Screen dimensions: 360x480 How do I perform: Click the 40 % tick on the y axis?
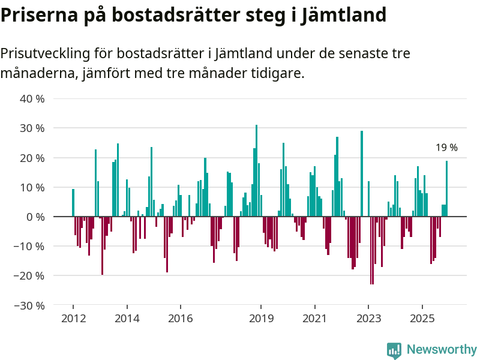coord(32,98)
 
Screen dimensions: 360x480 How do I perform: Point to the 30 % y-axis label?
coord(32,128)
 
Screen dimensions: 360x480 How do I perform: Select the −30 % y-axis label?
coord(30,305)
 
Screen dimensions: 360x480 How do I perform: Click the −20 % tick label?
coord(30,276)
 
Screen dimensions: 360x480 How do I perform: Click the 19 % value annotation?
coord(446,148)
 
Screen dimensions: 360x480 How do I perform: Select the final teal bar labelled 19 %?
coord(446,188)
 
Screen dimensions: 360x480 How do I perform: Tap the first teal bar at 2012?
coord(73,203)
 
